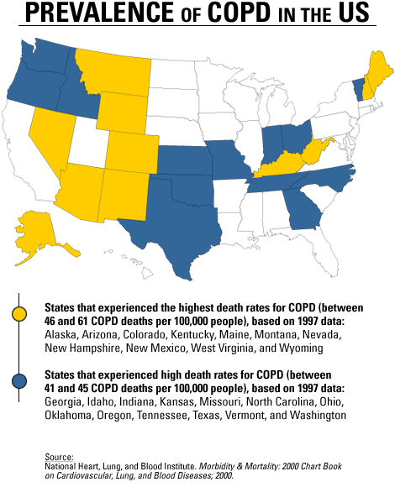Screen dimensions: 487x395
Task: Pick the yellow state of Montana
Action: (x=113, y=71)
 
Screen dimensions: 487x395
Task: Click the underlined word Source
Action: (x=60, y=454)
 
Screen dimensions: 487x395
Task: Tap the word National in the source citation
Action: (x=63, y=463)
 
